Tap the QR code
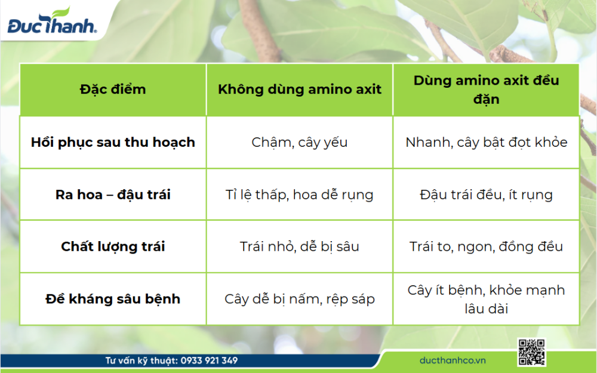pyautogui.click(x=531, y=352)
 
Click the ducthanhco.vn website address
pyautogui.click(x=453, y=360)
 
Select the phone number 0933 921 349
pyautogui.click(x=209, y=360)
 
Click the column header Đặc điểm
pyautogui.click(x=113, y=90)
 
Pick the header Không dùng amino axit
pyautogui.click(x=299, y=90)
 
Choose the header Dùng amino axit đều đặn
pyautogui.click(x=486, y=90)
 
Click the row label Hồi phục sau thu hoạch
pyautogui.click(x=113, y=143)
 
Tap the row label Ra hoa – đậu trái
pyautogui.click(x=113, y=195)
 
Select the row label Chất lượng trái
pyautogui.click(x=113, y=246)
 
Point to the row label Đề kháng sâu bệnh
pyautogui.click(x=113, y=299)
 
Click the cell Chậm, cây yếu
pyautogui.click(x=299, y=143)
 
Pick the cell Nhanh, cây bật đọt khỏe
pyautogui.click(x=486, y=143)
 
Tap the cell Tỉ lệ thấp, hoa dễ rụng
pyautogui.click(x=299, y=195)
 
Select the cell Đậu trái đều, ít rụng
pyautogui.click(x=486, y=195)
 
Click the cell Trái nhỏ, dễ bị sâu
pyautogui.click(x=299, y=246)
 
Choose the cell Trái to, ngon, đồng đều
pyautogui.click(x=486, y=246)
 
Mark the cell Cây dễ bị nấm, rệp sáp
pyautogui.click(x=299, y=299)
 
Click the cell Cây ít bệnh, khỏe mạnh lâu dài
pyautogui.click(x=486, y=299)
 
